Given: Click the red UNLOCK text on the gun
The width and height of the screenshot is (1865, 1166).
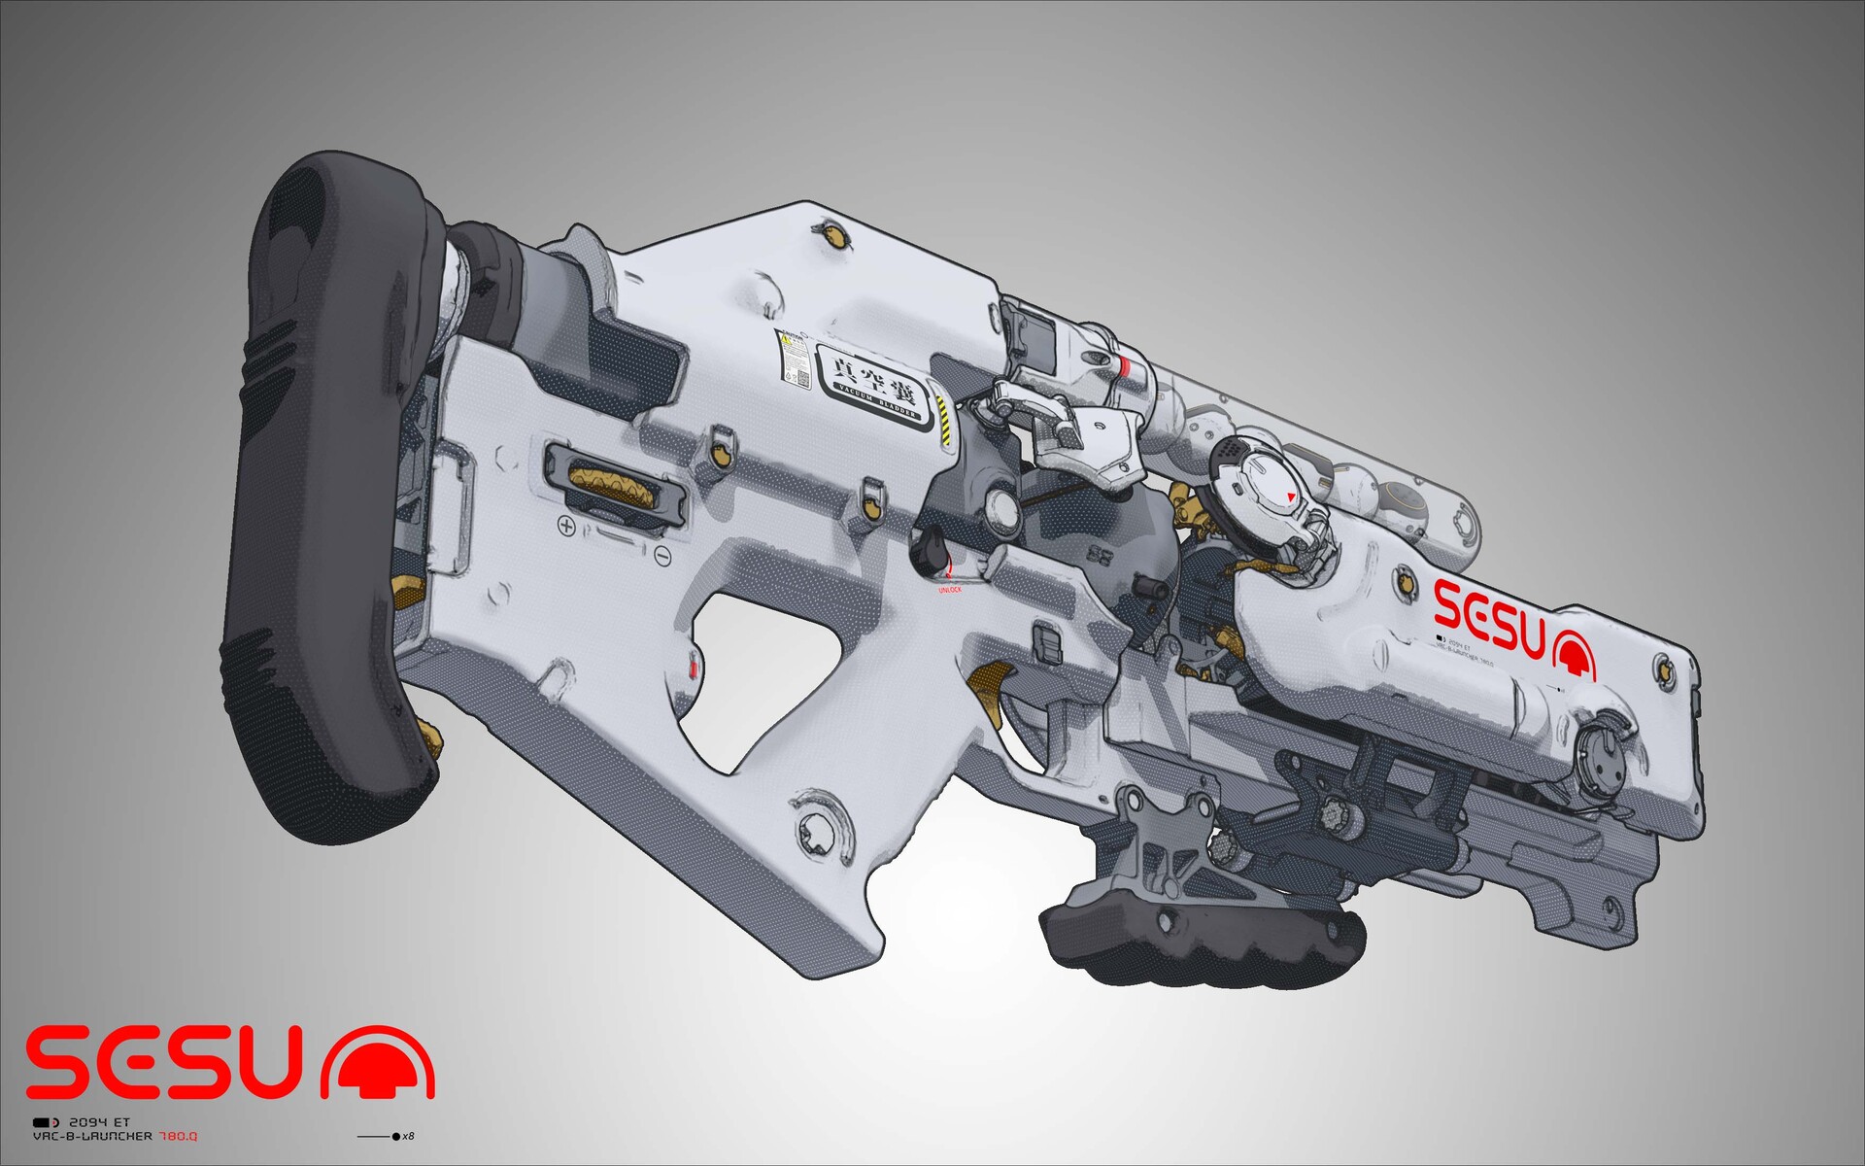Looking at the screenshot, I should point(949,590).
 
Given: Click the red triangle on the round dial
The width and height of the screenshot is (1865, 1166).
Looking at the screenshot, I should point(1290,497).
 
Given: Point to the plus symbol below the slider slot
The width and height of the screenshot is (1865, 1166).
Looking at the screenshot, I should point(566,526).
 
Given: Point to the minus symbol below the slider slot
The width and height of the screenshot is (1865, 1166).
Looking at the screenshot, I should point(662,556).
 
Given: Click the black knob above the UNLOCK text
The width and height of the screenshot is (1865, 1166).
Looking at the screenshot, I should point(930,550).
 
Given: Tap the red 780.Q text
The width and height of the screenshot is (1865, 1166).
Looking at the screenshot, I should point(179,1136).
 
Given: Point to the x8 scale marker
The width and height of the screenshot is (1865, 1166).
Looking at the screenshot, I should point(407,1136).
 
